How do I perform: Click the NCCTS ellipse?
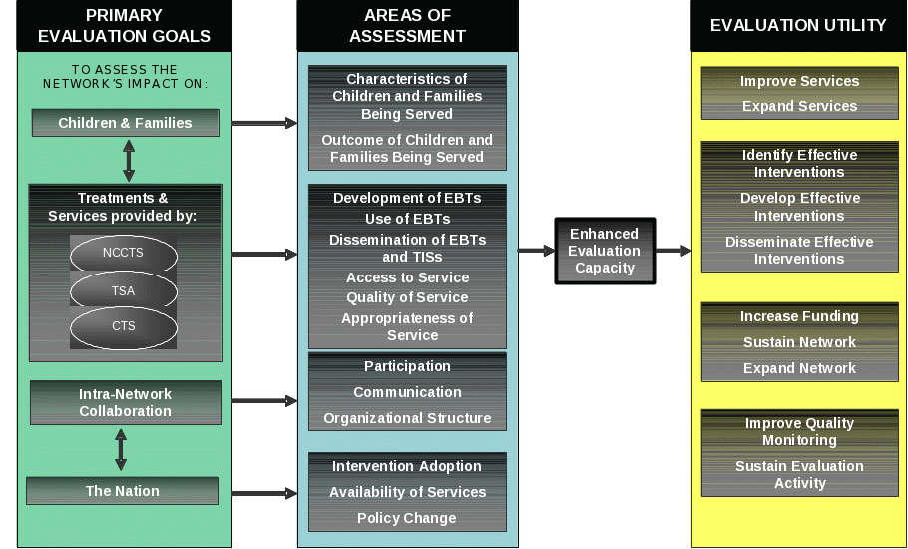(x=124, y=254)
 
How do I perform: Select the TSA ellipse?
(x=124, y=290)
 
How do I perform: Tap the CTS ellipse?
(x=124, y=326)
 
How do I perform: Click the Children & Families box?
(x=125, y=123)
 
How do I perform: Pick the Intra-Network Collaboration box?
(x=125, y=402)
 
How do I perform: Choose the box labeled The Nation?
(x=122, y=491)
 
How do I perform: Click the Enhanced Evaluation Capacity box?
(x=605, y=251)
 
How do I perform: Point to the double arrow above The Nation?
(x=121, y=450)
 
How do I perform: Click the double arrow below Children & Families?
(x=128, y=160)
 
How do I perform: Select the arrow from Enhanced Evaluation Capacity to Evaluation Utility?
(x=674, y=251)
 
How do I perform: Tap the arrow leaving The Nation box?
(x=264, y=493)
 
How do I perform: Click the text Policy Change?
(x=407, y=518)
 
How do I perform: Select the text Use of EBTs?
(x=407, y=219)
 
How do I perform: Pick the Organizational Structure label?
(x=407, y=418)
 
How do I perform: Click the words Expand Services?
(x=799, y=106)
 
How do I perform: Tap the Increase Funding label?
(x=799, y=316)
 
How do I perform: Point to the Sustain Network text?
(x=799, y=342)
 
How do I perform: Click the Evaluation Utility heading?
(x=798, y=25)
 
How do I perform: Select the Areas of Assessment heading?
(x=407, y=26)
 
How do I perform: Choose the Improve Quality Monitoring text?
(x=799, y=431)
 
